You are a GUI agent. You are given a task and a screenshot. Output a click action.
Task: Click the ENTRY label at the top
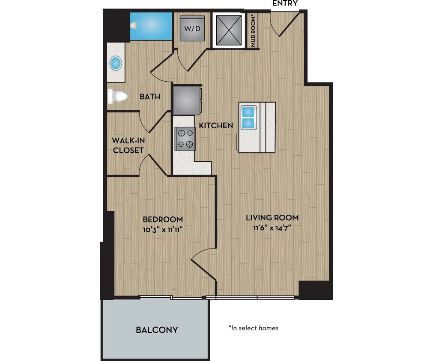pos(285,3)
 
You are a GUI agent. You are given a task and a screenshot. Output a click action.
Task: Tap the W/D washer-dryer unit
pos(192,28)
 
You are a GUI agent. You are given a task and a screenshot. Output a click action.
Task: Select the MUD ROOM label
pos(253,31)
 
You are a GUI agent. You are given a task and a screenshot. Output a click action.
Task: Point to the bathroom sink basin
pos(116,63)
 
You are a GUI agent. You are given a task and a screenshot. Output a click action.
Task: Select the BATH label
pos(150,97)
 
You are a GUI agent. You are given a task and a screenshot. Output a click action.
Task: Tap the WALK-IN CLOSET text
pos(128,145)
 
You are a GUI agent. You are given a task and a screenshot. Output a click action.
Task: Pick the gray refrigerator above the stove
pos(187,100)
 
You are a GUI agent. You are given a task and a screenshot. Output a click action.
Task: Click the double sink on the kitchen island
pos(248,118)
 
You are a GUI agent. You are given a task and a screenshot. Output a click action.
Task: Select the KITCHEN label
pos(216,125)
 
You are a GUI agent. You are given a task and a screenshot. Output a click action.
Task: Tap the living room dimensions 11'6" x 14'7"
pos(272,228)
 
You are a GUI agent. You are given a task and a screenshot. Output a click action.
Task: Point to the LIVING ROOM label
pos(272,217)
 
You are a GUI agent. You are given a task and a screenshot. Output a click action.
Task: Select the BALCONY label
pos(157,330)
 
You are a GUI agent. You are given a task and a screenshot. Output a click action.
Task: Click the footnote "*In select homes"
pos(254,328)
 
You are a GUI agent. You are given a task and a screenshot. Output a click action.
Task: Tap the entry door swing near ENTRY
pos(286,26)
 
